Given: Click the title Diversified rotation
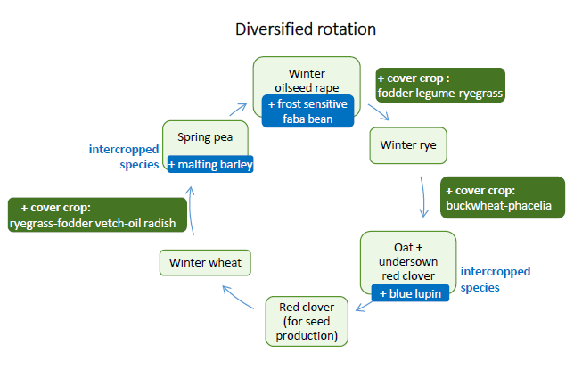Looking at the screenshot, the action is (x=306, y=29).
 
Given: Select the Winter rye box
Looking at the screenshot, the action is (x=408, y=145).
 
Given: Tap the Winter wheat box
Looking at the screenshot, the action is (x=205, y=262).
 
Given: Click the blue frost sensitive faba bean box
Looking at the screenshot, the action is (x=307, y=111).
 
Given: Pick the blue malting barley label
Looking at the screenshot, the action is (x=210, y=164).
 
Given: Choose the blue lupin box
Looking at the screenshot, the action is (x=410, y=293).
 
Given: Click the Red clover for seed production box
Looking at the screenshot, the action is (x=307, y=321).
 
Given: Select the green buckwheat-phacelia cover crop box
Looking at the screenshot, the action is (x=503, y=198).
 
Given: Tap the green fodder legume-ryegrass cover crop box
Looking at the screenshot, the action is (x=440, y=85).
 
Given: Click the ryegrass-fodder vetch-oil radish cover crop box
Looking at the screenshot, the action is (x=97, y=215).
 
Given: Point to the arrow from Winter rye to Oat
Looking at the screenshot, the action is (x=423, y=197).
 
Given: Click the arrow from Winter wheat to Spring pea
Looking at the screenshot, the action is (x=191, y=210).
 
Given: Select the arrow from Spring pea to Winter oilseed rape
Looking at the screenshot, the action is (x=238, y=110).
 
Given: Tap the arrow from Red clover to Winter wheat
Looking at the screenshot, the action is (x=238, y=296).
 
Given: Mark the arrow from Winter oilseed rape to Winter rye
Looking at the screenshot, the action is (x=379, y=112).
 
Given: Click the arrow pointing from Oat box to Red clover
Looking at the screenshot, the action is (x=365, y=306).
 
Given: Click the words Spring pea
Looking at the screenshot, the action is (x=205, y=137).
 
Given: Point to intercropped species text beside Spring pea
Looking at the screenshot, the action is (x=124, y=156).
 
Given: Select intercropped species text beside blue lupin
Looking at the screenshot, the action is (x=496, y=279).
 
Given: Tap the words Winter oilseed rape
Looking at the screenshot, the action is (x=307, y=80).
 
